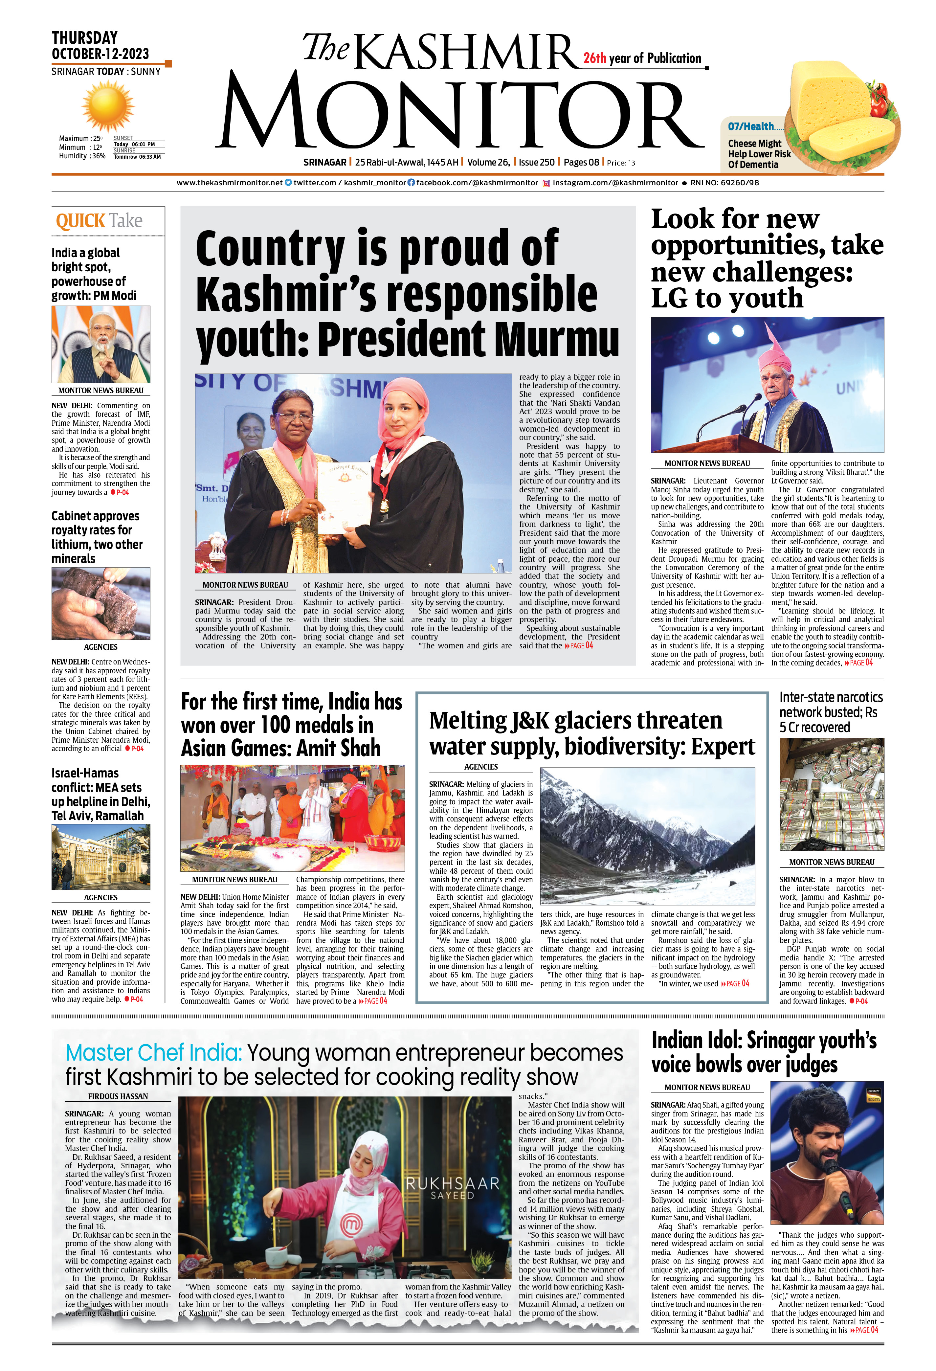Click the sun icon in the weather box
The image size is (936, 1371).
point(108,106)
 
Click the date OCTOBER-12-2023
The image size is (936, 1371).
point(100,54)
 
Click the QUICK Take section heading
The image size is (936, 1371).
point(99,221)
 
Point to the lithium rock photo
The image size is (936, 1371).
point(101,603)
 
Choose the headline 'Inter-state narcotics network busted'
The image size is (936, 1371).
point(831,712)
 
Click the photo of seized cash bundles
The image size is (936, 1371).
point(832,794)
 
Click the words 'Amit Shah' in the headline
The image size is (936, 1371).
point(339,748)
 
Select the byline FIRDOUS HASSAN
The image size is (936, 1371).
point(118,1096)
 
